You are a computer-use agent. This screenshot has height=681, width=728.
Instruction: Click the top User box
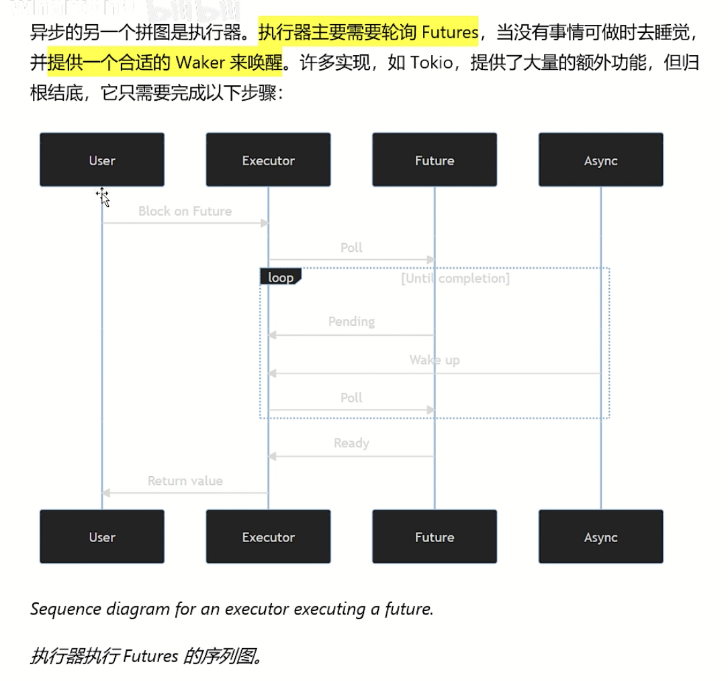tap(102, 160)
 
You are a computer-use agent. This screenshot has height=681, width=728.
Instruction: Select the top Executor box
tap(268, 160)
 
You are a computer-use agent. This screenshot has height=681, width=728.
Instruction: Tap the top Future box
tap(435, 160)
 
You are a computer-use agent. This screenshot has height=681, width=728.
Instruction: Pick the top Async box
tap(600, 160)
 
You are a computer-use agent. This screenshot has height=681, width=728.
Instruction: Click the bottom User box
tap(102, 537)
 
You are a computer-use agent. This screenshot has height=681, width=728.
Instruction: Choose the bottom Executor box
tap(268, 537)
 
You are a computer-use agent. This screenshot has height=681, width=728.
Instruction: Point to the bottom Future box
tap(435, 537)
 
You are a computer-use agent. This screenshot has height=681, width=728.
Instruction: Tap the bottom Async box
tap(600, 537)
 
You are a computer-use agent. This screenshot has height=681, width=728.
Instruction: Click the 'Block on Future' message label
tap(185, 211)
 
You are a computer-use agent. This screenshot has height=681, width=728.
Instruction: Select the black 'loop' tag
tap(281, 277)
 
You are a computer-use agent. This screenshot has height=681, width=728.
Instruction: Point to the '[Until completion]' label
tap(455, 278)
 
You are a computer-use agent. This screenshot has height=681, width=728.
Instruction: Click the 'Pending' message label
tap(351, 322)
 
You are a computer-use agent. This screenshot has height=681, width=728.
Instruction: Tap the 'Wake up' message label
tap(435, 360)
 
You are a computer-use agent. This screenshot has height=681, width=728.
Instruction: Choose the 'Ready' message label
tap(351, 443)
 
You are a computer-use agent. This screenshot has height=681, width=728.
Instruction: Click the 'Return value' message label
tap(185, 481)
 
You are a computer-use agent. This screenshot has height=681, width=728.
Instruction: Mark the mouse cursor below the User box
tap(103, 196)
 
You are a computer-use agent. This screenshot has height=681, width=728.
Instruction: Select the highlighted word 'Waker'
tap(199, 62)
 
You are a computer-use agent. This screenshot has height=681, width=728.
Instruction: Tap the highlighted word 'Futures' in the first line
tap(450, 31)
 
